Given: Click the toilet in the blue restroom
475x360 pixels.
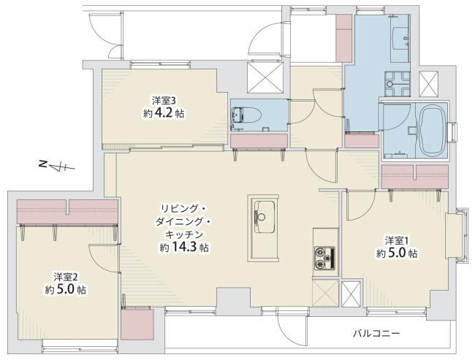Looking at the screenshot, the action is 246,116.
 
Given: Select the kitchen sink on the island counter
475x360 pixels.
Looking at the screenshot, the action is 264,217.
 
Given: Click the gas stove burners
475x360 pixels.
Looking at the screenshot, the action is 325,258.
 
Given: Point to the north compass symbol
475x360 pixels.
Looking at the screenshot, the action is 57,166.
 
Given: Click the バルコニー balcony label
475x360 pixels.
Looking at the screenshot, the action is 376,334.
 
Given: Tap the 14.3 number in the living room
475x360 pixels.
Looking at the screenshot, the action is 184,248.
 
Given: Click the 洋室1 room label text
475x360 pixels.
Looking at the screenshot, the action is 397,241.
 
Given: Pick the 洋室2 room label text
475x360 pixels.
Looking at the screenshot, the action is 66,277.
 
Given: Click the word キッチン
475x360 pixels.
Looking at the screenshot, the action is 183,234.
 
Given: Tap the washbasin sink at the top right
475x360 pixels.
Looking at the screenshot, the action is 400,38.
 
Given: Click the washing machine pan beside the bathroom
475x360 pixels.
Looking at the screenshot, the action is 397,84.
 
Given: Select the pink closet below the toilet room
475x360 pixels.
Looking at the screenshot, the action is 259,141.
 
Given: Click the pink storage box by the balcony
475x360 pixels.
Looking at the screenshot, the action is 137,324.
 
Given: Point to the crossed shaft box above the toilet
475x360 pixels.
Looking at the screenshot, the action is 265,77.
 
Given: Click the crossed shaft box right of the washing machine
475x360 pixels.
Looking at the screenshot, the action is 429,84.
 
